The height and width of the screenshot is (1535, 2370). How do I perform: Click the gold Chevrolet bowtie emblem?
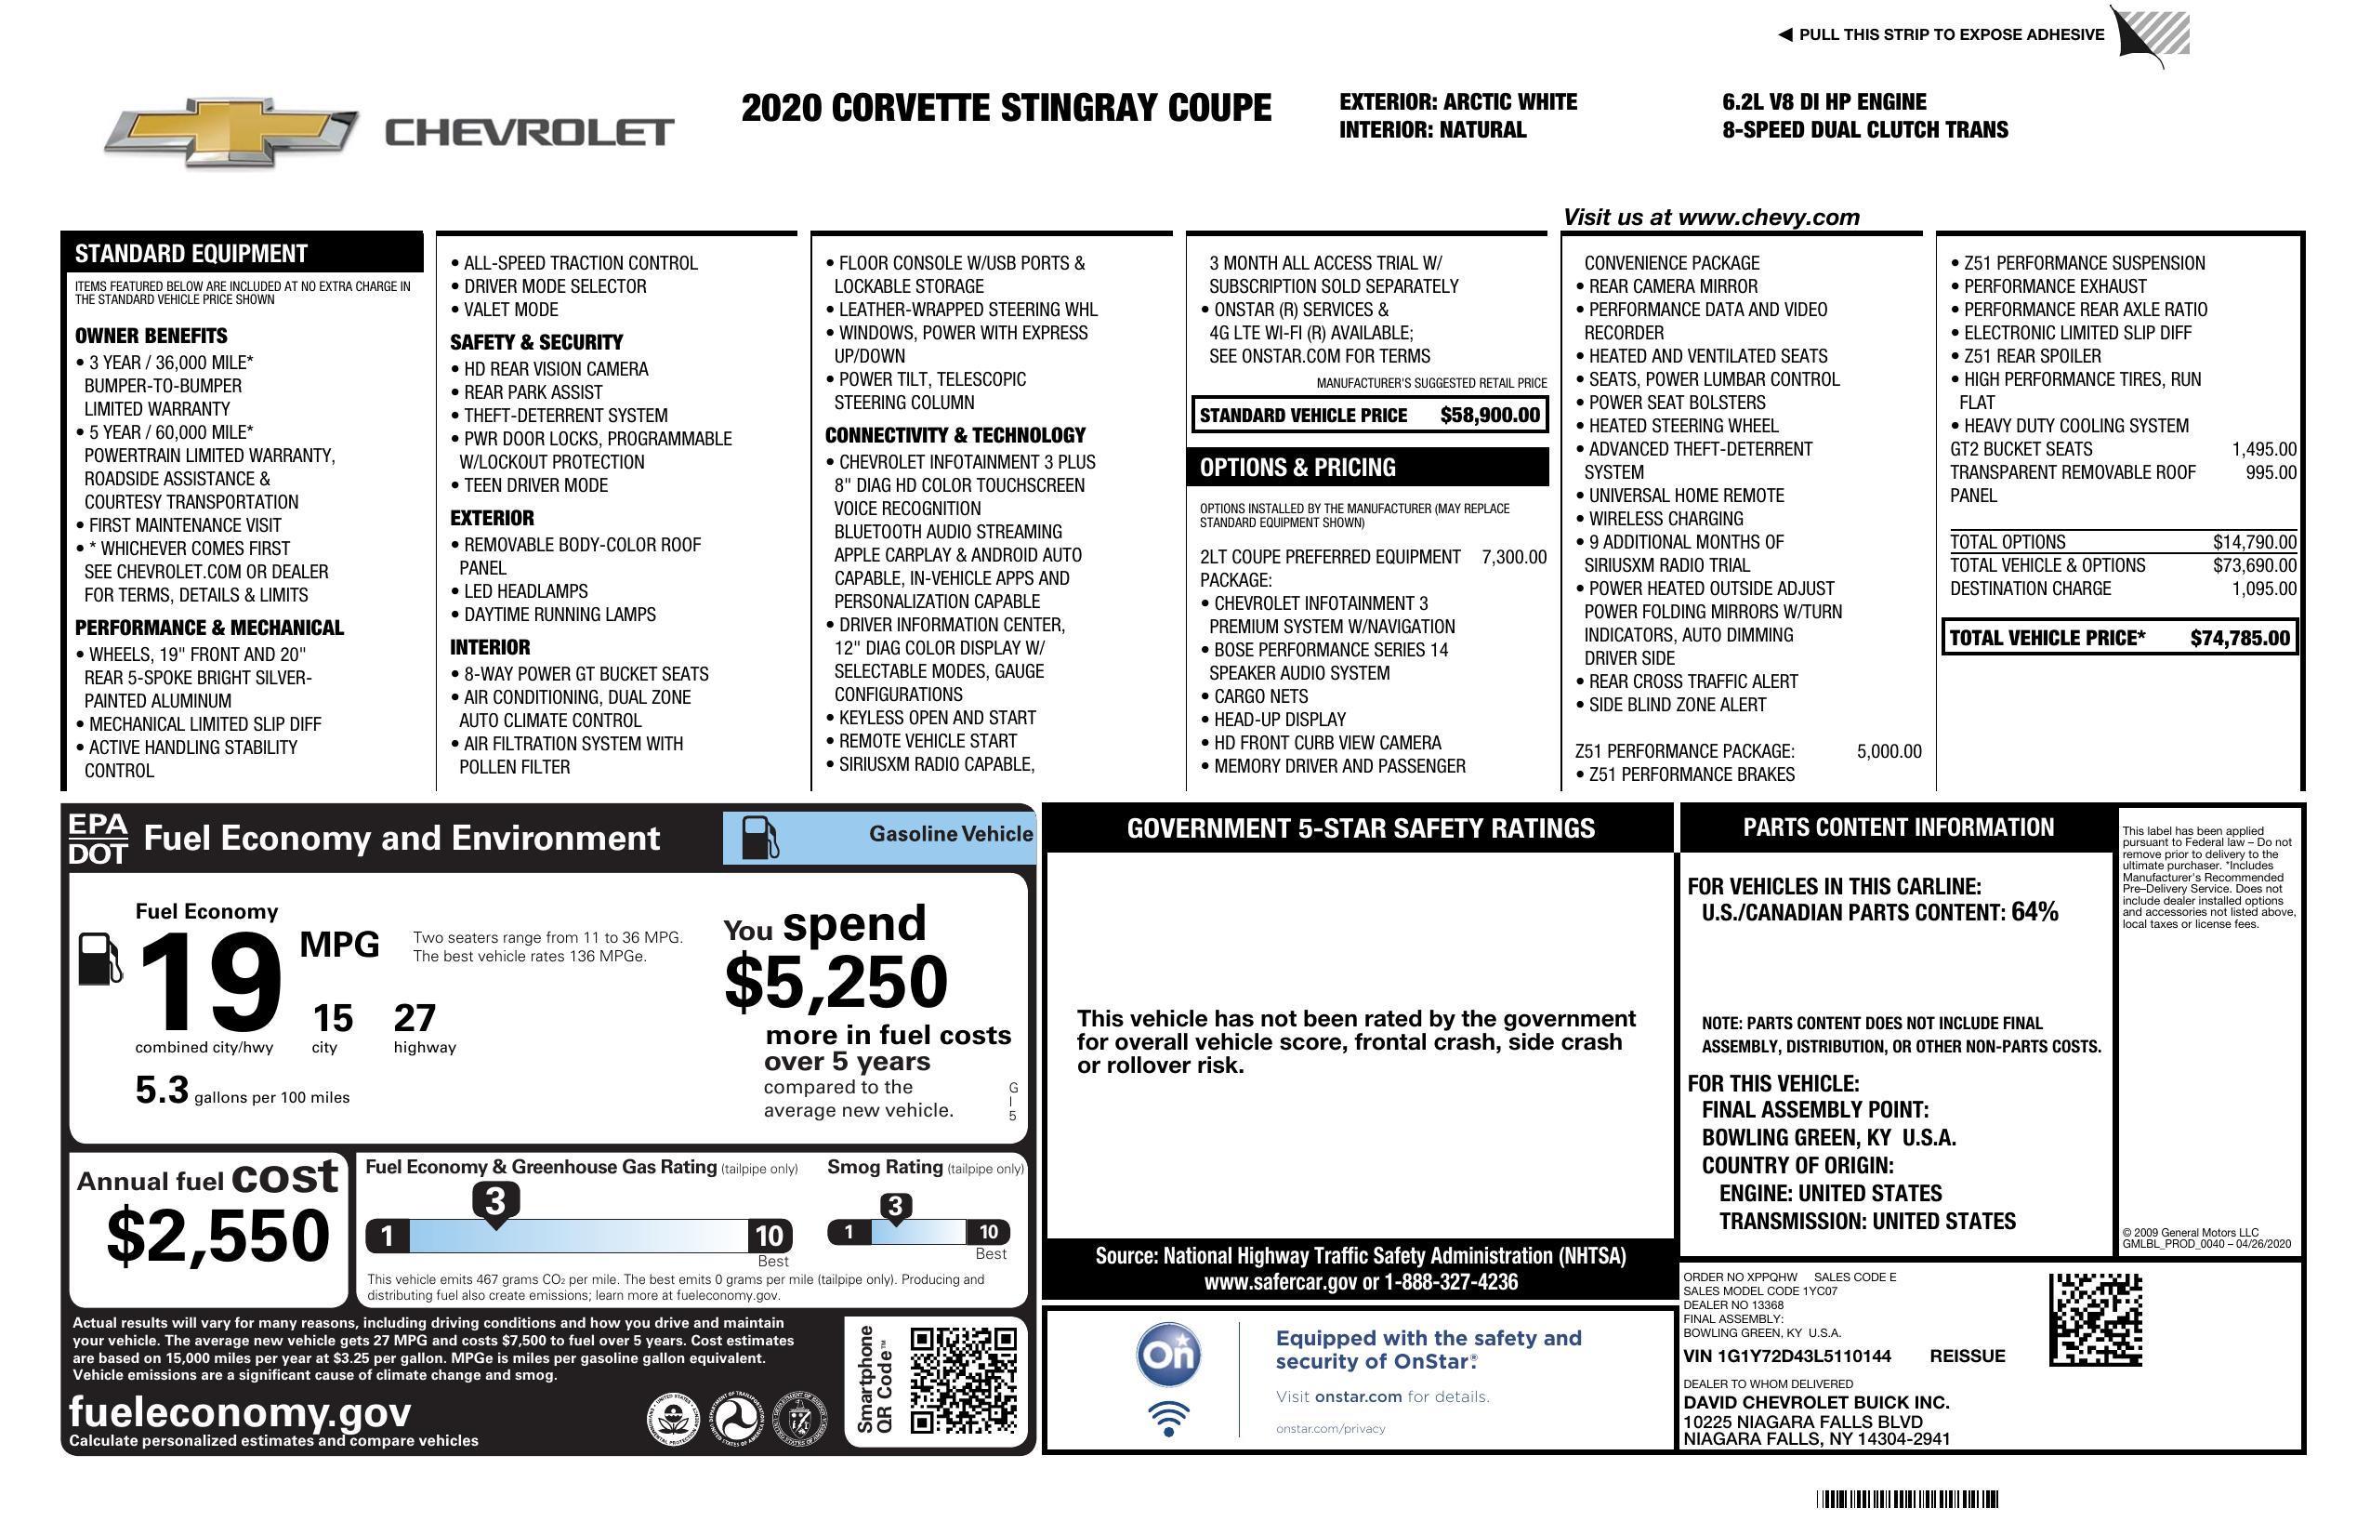coord(231,132)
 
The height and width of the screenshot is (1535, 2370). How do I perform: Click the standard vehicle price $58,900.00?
coord(1489,416)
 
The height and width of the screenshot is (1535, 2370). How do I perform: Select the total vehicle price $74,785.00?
coord(2240,639)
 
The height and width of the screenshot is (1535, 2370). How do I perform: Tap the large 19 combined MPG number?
coord(210,983)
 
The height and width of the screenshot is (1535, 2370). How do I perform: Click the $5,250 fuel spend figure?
coord(836,982)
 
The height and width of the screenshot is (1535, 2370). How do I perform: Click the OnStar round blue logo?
coord(1168,1354)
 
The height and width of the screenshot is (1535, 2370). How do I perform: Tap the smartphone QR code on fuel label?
coord(963,1381)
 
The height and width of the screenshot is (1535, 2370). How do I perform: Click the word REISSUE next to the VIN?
coord(1967,1356)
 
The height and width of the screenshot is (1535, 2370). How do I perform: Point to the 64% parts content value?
coord(2034,911)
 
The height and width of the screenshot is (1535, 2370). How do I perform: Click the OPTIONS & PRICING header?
coord(1297,467)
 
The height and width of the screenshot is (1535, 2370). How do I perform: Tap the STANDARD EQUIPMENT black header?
coord(191,253)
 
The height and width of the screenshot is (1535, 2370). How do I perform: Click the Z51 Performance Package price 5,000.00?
coord(1888,751)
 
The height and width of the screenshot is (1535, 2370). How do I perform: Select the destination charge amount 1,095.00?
coord(2263,589)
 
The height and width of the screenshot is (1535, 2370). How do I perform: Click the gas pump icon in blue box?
coord(762,838)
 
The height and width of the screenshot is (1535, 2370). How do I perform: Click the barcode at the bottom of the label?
coord(1906,1499)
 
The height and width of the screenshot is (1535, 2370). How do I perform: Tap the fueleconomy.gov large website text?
coord(240,1412)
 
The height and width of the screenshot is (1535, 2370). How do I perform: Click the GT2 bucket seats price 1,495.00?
coord(2263,449)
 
